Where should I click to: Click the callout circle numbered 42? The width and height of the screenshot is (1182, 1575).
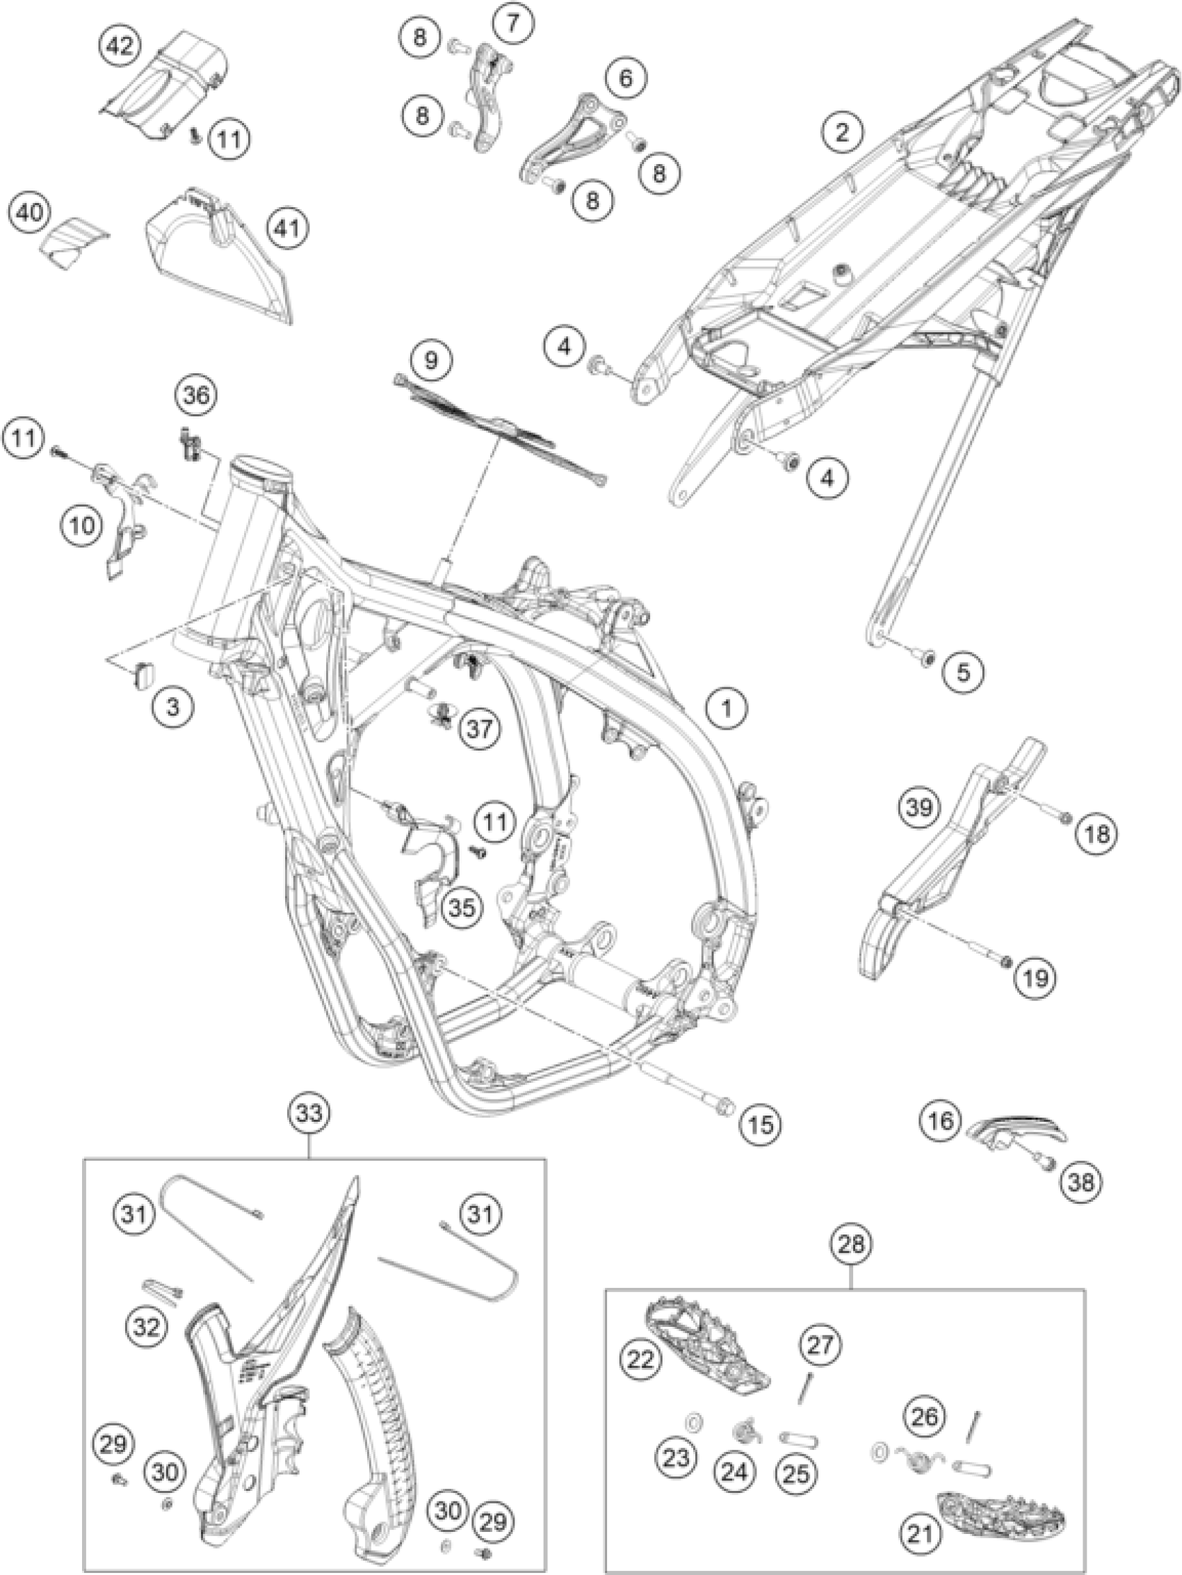[119, 48]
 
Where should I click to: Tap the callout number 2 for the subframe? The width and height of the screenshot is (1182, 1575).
[843, 133]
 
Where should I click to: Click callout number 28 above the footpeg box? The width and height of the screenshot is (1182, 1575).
[853, 1244]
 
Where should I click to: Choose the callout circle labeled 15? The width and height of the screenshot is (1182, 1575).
[759, 1125]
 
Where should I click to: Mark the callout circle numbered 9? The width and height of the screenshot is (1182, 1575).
[431, 359]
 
